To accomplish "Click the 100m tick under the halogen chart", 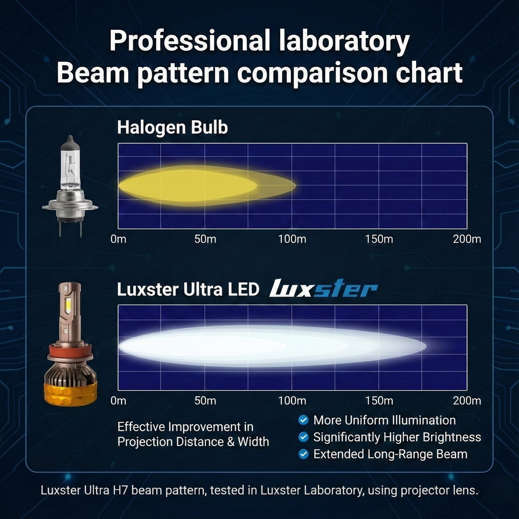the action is [292, 239].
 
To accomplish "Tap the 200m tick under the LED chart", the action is [467, 400].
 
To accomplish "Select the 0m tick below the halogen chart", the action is [118, 239].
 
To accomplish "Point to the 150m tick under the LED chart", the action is [379, 400].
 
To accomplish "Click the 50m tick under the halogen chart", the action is [205, 239].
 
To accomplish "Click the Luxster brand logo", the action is [323, 288].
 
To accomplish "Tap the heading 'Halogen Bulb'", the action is [172, 127].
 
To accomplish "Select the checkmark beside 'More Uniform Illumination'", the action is [303, 420].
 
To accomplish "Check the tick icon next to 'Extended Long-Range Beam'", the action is [303, 454].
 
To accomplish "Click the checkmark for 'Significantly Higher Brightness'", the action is [303, 437].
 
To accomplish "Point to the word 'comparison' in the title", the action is [312, 73].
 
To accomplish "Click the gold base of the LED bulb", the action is [70, 394].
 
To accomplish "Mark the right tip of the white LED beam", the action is [426, 346].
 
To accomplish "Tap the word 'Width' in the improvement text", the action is [253, 441].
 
